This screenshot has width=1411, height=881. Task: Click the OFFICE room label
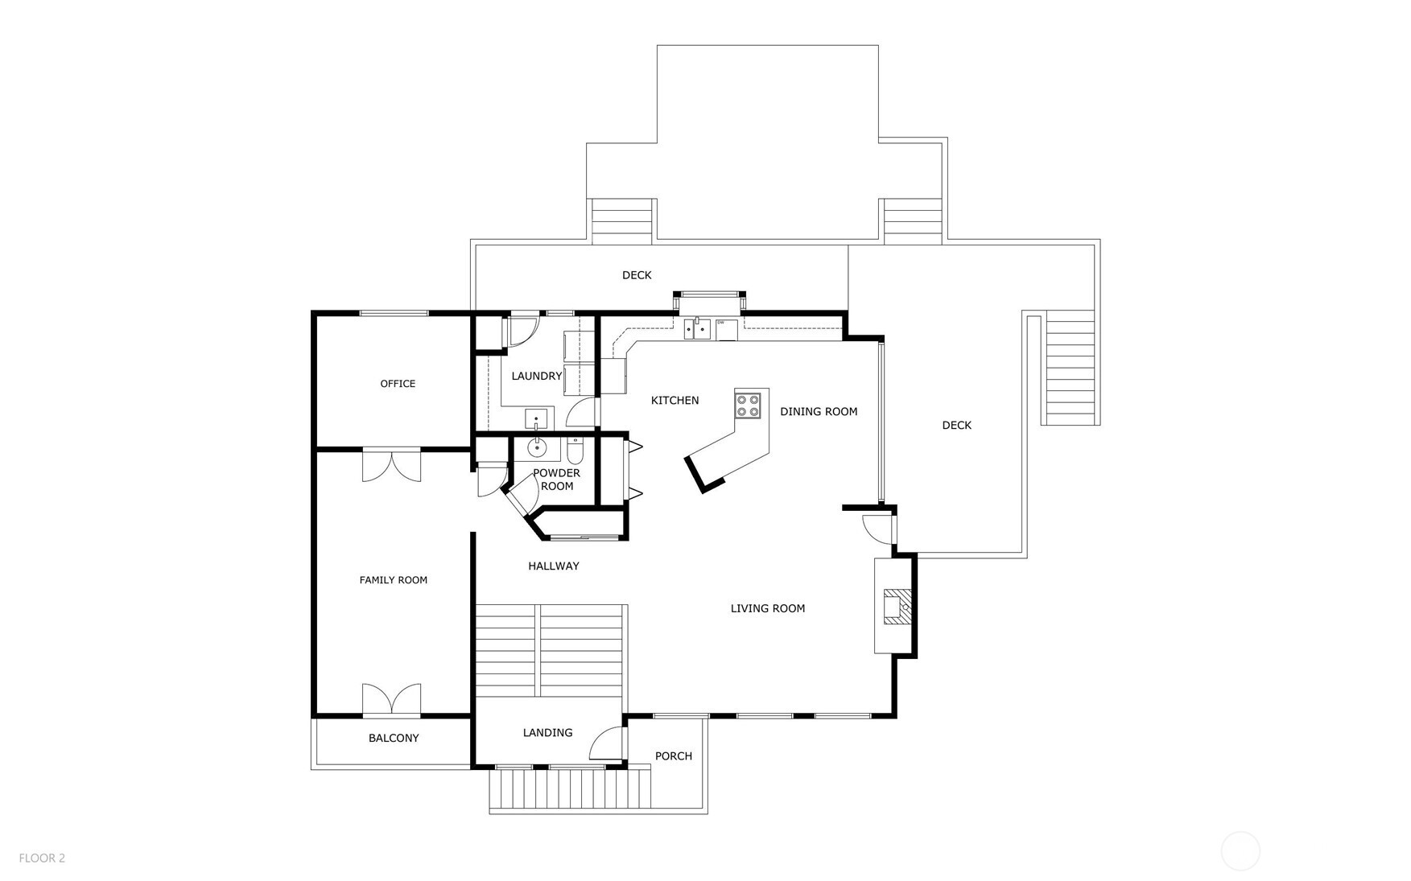pyautogui.click(x=398, y=384)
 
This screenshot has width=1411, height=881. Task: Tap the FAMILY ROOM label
pyautogui.click(x=393, y=580)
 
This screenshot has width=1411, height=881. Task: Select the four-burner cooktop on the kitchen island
pyautogui.click(x=748, y=405)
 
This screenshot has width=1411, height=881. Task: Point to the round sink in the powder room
pyautogui.click(x=537, y=447)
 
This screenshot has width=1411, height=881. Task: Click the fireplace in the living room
pyautogui.click(x=896, y=607)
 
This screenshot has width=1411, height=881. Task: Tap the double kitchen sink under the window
pyautogui.click(x=697, y=328)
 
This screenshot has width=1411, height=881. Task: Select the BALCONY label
pyautogui.click(x=394, y=738)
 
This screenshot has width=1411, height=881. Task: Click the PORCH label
pyautogui.click(x=673, y=755)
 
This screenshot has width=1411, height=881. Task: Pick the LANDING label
pyautogui.click(x=547, y=732)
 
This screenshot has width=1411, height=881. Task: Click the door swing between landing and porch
pyautogui.click(x=608, y=744)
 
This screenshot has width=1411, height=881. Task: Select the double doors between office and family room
pyautogui.click(x=391, y=465)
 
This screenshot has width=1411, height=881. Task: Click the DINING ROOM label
pyautogui.click(x=819, y=411)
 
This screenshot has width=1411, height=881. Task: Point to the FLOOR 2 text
pyautogui.click(x=42, y=858)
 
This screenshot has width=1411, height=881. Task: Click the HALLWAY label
pyautogui.click(x=553, y=566)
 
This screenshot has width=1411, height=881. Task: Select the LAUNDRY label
pyautogui.click(x=536, y=376)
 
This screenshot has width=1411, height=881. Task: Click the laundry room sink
pyautogui.click(x=536, y=419)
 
